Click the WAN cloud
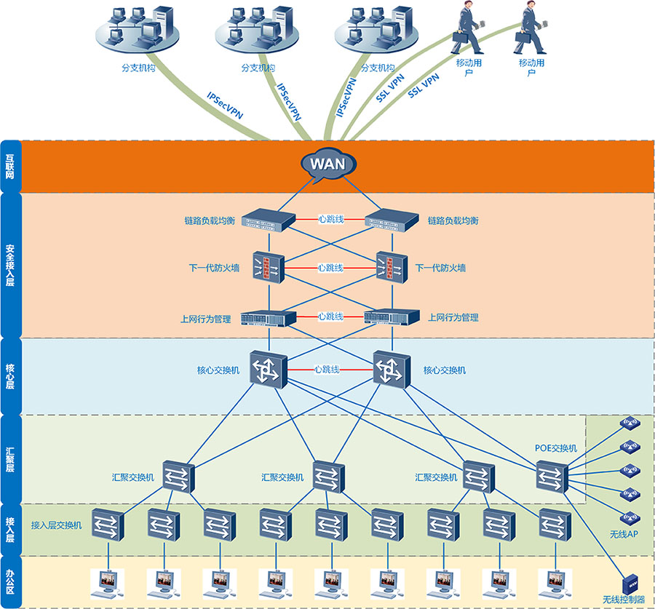pyautogui.click(x=327, y=164)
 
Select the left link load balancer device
pyautogui.click(x=268, y=220)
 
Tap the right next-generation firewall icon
pyautogui.click(x=386, y=268)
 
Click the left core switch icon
pyautogui.click(x=268, y=370)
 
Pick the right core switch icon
pyautogui.click(x=391, y=370)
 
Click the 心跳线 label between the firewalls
pyautogui.click(x=330, y=268)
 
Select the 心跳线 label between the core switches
pyautogui.click(x=327, y=370)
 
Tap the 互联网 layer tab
pyautogui.click(x=10, y=166)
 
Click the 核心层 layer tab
pyautogui.click(x=10, y=375)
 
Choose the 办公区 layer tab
pyautogui.click(x=10, y=582)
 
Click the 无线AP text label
pyautogui.click(x=623, y=535)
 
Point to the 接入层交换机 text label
pyautogui.click(x=57, y=525)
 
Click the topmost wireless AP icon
pyautogui.click(x=629, y=423)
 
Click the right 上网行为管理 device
pyautogui.click(x=392, y=317)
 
